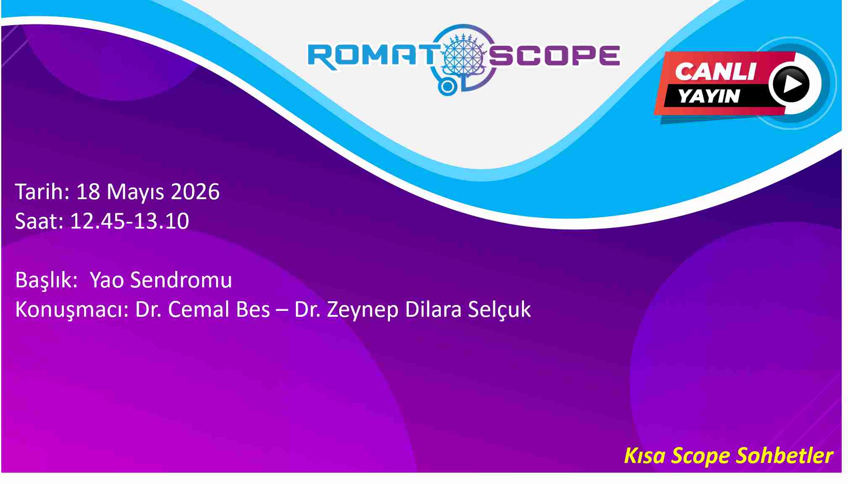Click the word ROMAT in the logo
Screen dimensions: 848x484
click(x=373, y=56)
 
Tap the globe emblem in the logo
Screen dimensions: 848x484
click(x=464, y=55)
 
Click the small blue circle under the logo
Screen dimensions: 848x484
click(x=448, y=87)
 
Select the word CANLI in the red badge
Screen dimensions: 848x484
click(x=715, y=71)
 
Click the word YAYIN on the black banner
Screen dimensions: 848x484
click(x=708, y=96)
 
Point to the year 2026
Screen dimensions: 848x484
click(x=195, y=192)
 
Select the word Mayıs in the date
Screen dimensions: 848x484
click(x=136, y=192)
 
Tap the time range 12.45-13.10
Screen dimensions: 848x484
click(x=129, y=221)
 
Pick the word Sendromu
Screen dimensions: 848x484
click(x=181, y=280)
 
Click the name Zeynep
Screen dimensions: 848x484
click(x=363, y=310)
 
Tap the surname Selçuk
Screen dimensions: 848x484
click(x=499, y=310)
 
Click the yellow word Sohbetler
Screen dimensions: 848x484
click(x=785, y=456)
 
